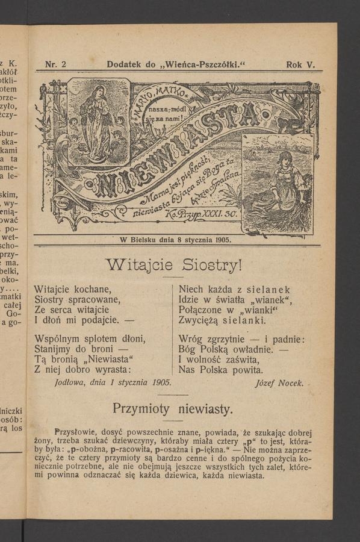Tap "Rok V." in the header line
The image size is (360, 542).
pos(300,64)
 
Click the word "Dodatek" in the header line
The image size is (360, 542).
pos(125,64)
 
